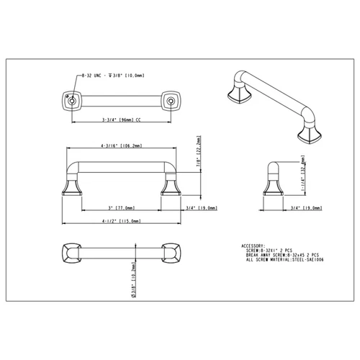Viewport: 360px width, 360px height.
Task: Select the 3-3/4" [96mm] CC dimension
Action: [121, 120]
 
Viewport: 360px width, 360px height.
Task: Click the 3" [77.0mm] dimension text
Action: [121, 206]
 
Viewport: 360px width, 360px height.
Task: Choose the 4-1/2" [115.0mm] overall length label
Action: [120, 221]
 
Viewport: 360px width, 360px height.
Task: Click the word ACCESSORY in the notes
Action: [255, 245]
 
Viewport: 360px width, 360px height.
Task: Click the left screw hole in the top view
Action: [71, 102]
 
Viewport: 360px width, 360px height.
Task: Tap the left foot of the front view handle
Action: [71, 189]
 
